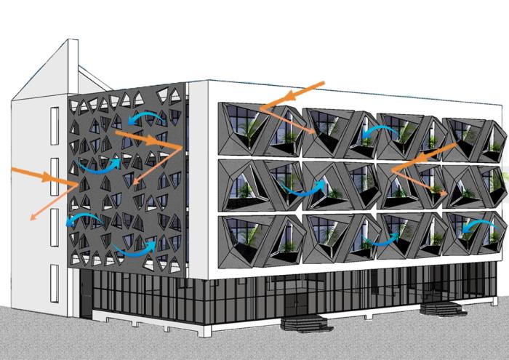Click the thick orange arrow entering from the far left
33,175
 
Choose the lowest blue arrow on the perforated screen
135,250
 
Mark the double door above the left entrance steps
297,298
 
